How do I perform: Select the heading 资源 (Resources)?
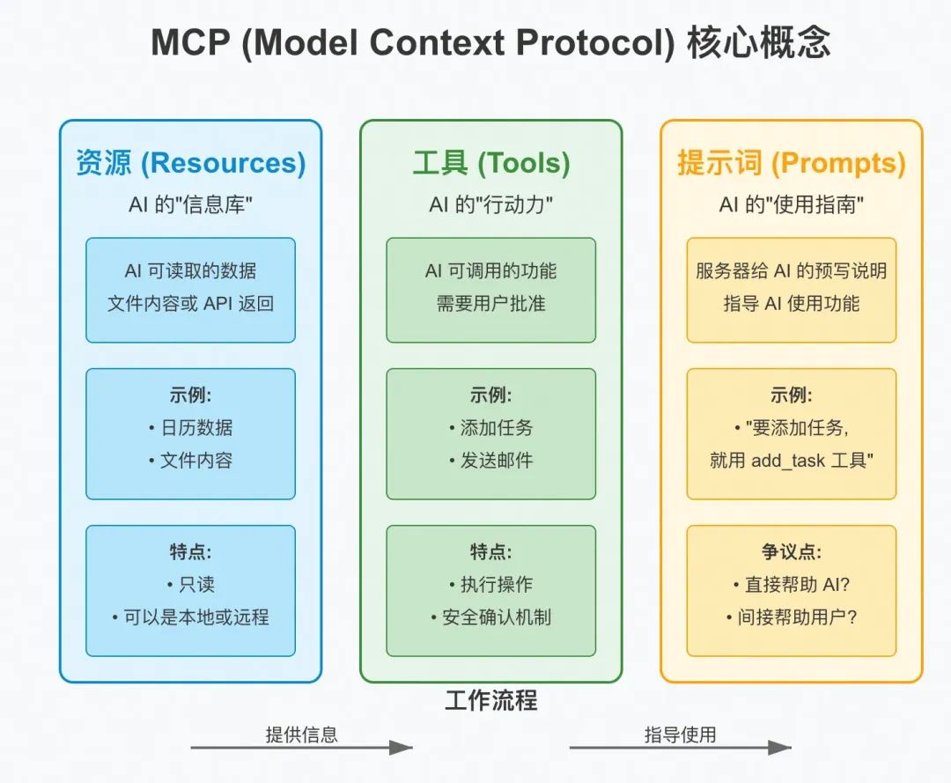tap(190, 164)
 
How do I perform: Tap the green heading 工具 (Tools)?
tap(490, 164)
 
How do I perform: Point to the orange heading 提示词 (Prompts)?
tap(791, 164)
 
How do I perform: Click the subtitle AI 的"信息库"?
tap(190, 205)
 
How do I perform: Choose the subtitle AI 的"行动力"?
tap(490, 205)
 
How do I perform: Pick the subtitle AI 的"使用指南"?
tap(791, 205)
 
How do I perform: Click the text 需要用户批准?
tap(490, 304)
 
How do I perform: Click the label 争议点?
tap(791, 552)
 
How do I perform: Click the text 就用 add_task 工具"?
tap(791, 460)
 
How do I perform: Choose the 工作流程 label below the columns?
tap(490, 701)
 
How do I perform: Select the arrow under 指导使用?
tap(680, 748)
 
